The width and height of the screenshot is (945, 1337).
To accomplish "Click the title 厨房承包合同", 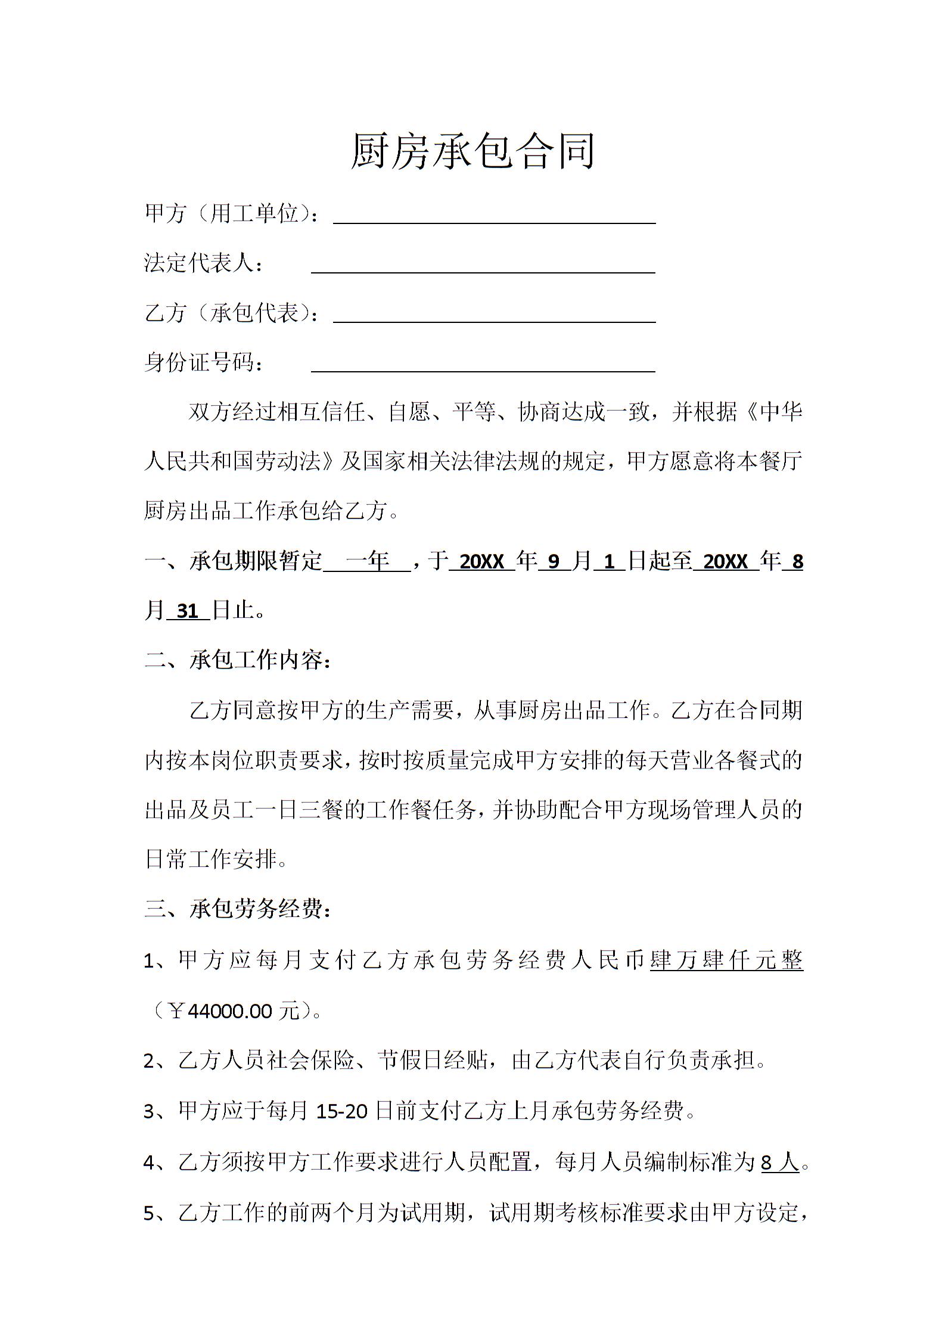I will [x=473, y=152].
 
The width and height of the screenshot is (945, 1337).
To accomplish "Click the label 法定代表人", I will [x=199, y=263].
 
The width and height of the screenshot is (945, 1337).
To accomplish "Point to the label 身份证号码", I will [x=199, y=362].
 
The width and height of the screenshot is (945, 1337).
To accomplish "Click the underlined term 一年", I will [x=367, y=561].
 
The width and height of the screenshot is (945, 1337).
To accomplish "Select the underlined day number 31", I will [x=188, y=611].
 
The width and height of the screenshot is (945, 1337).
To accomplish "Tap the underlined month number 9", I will [x=554, y=561].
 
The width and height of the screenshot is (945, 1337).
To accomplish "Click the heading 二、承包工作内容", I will [x=237, y=660].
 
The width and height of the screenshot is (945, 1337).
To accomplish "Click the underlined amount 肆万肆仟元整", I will [x=726, y=960].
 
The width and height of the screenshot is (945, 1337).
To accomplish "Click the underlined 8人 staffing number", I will [x=780, y=1161].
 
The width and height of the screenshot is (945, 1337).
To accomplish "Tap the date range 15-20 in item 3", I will [x=342, y=1111].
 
